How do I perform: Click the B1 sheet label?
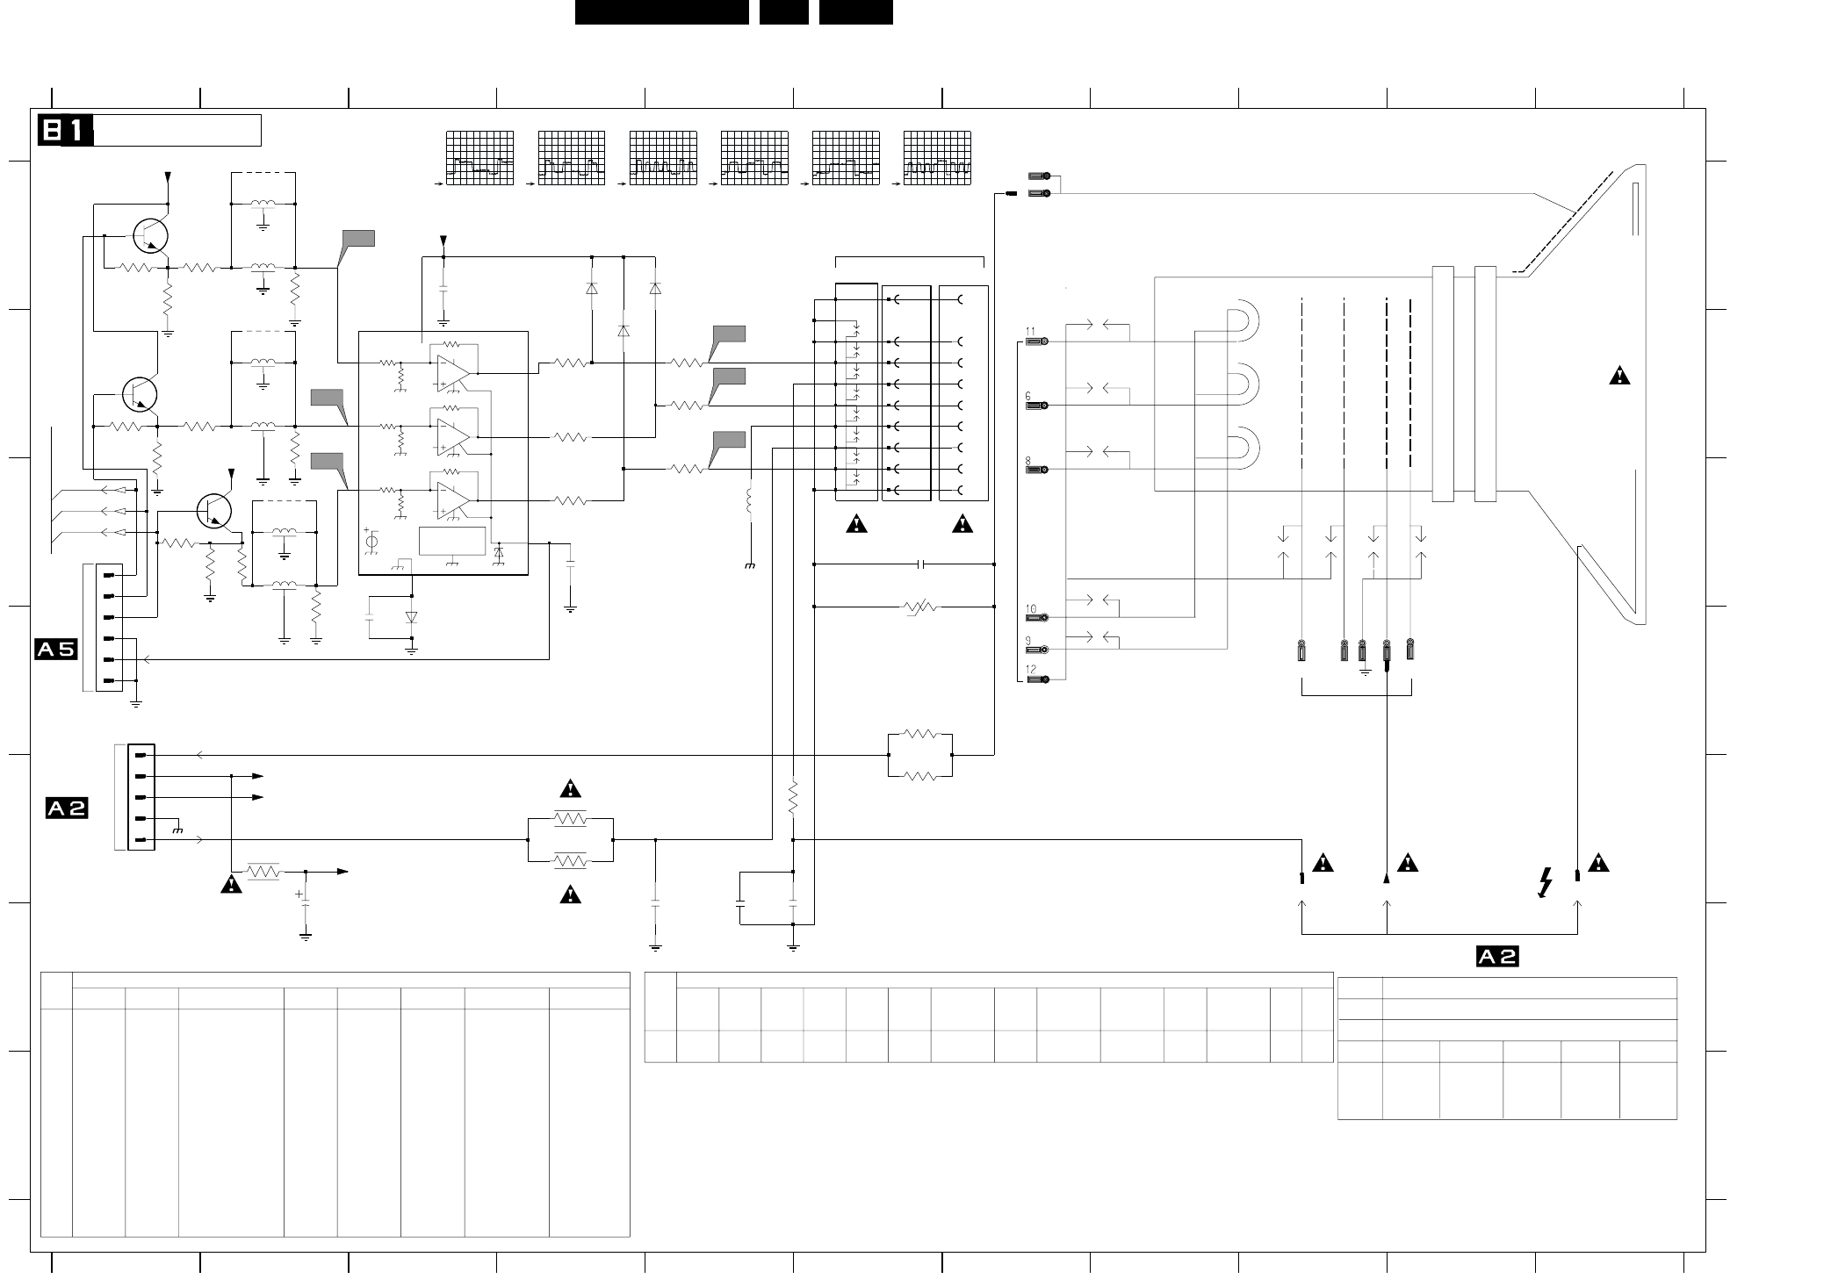(x=65, y=131)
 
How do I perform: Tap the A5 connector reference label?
(x=55, y=650)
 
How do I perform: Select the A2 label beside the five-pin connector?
(x=67, y=808)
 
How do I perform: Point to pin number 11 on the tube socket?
(x=1030, y=333)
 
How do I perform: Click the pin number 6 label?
(x=1028, y=397)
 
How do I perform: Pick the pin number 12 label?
(x=1031, y=670)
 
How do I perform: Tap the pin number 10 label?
(x=1031, y=609)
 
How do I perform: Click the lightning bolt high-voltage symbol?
(x=1546, y=883)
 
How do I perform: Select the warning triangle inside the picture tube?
(x=1619, y=377)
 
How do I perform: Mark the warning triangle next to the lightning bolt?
(x=1598, y=864)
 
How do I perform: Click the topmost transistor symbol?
(x=150, y=234)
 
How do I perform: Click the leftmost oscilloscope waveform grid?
(x=479, y=158)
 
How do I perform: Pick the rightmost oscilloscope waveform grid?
(x=937, y=158)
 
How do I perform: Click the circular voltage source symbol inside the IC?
(x=371, y=542)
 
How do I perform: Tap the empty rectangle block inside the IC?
(x=452, y=542)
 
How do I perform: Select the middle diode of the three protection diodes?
(x=624, y=331)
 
